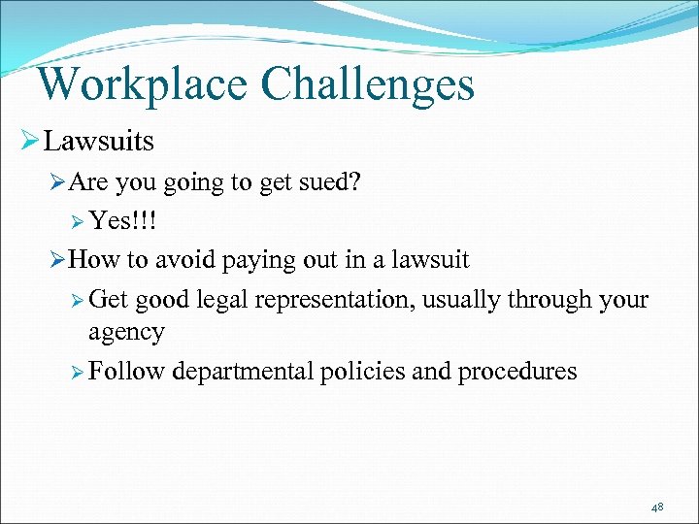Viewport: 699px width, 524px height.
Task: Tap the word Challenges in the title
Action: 369,84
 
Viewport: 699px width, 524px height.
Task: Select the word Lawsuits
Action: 99,142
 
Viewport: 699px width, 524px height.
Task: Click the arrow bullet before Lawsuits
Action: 27,142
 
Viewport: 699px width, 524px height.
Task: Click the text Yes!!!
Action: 123,221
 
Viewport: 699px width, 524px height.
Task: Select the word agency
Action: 126,333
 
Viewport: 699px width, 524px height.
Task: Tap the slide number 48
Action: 657,508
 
